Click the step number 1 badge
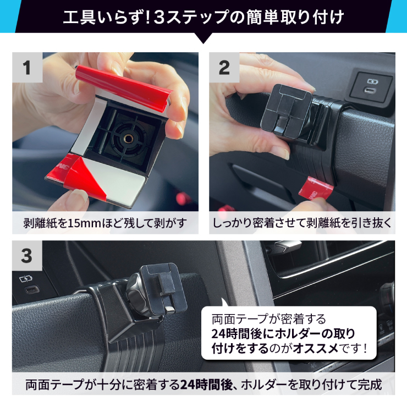click(x=27, y=68)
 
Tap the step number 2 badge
click(x=224, y=68)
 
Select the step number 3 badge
click(x=27, y=256)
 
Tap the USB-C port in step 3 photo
click(x=32, y=290)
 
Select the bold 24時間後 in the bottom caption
click(x=207, y=384)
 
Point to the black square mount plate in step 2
click(x=286, y=109)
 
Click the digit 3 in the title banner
click(x=159, y=18)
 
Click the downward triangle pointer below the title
click(x=203, y=38)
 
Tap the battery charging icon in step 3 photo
click(x=26, y=279)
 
